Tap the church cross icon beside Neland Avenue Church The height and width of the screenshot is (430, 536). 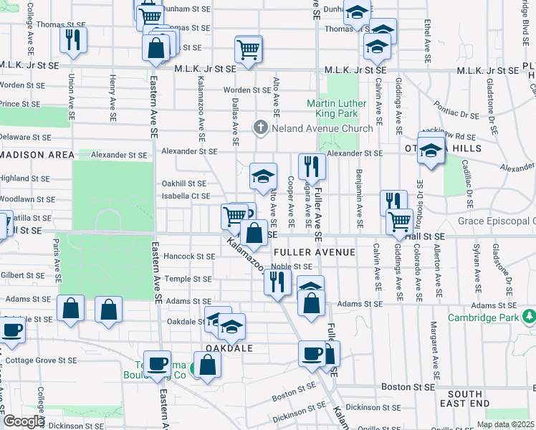tap(260, 128)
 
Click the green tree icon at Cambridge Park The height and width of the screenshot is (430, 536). tap(529, 316)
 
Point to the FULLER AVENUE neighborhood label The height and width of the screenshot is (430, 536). tap(314, 252)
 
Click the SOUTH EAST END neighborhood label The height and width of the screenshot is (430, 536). tap(465, 399)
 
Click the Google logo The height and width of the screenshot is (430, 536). tap(23, 421)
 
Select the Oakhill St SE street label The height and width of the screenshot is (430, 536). tap(183, 183)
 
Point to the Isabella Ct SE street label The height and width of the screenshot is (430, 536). tap(185, 196)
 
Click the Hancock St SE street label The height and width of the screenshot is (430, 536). tap(189, 256)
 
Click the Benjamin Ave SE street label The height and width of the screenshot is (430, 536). tap(358, 202)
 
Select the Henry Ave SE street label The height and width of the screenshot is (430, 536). tap(113, 98)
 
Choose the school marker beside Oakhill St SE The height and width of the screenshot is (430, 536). tap(263, 175)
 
